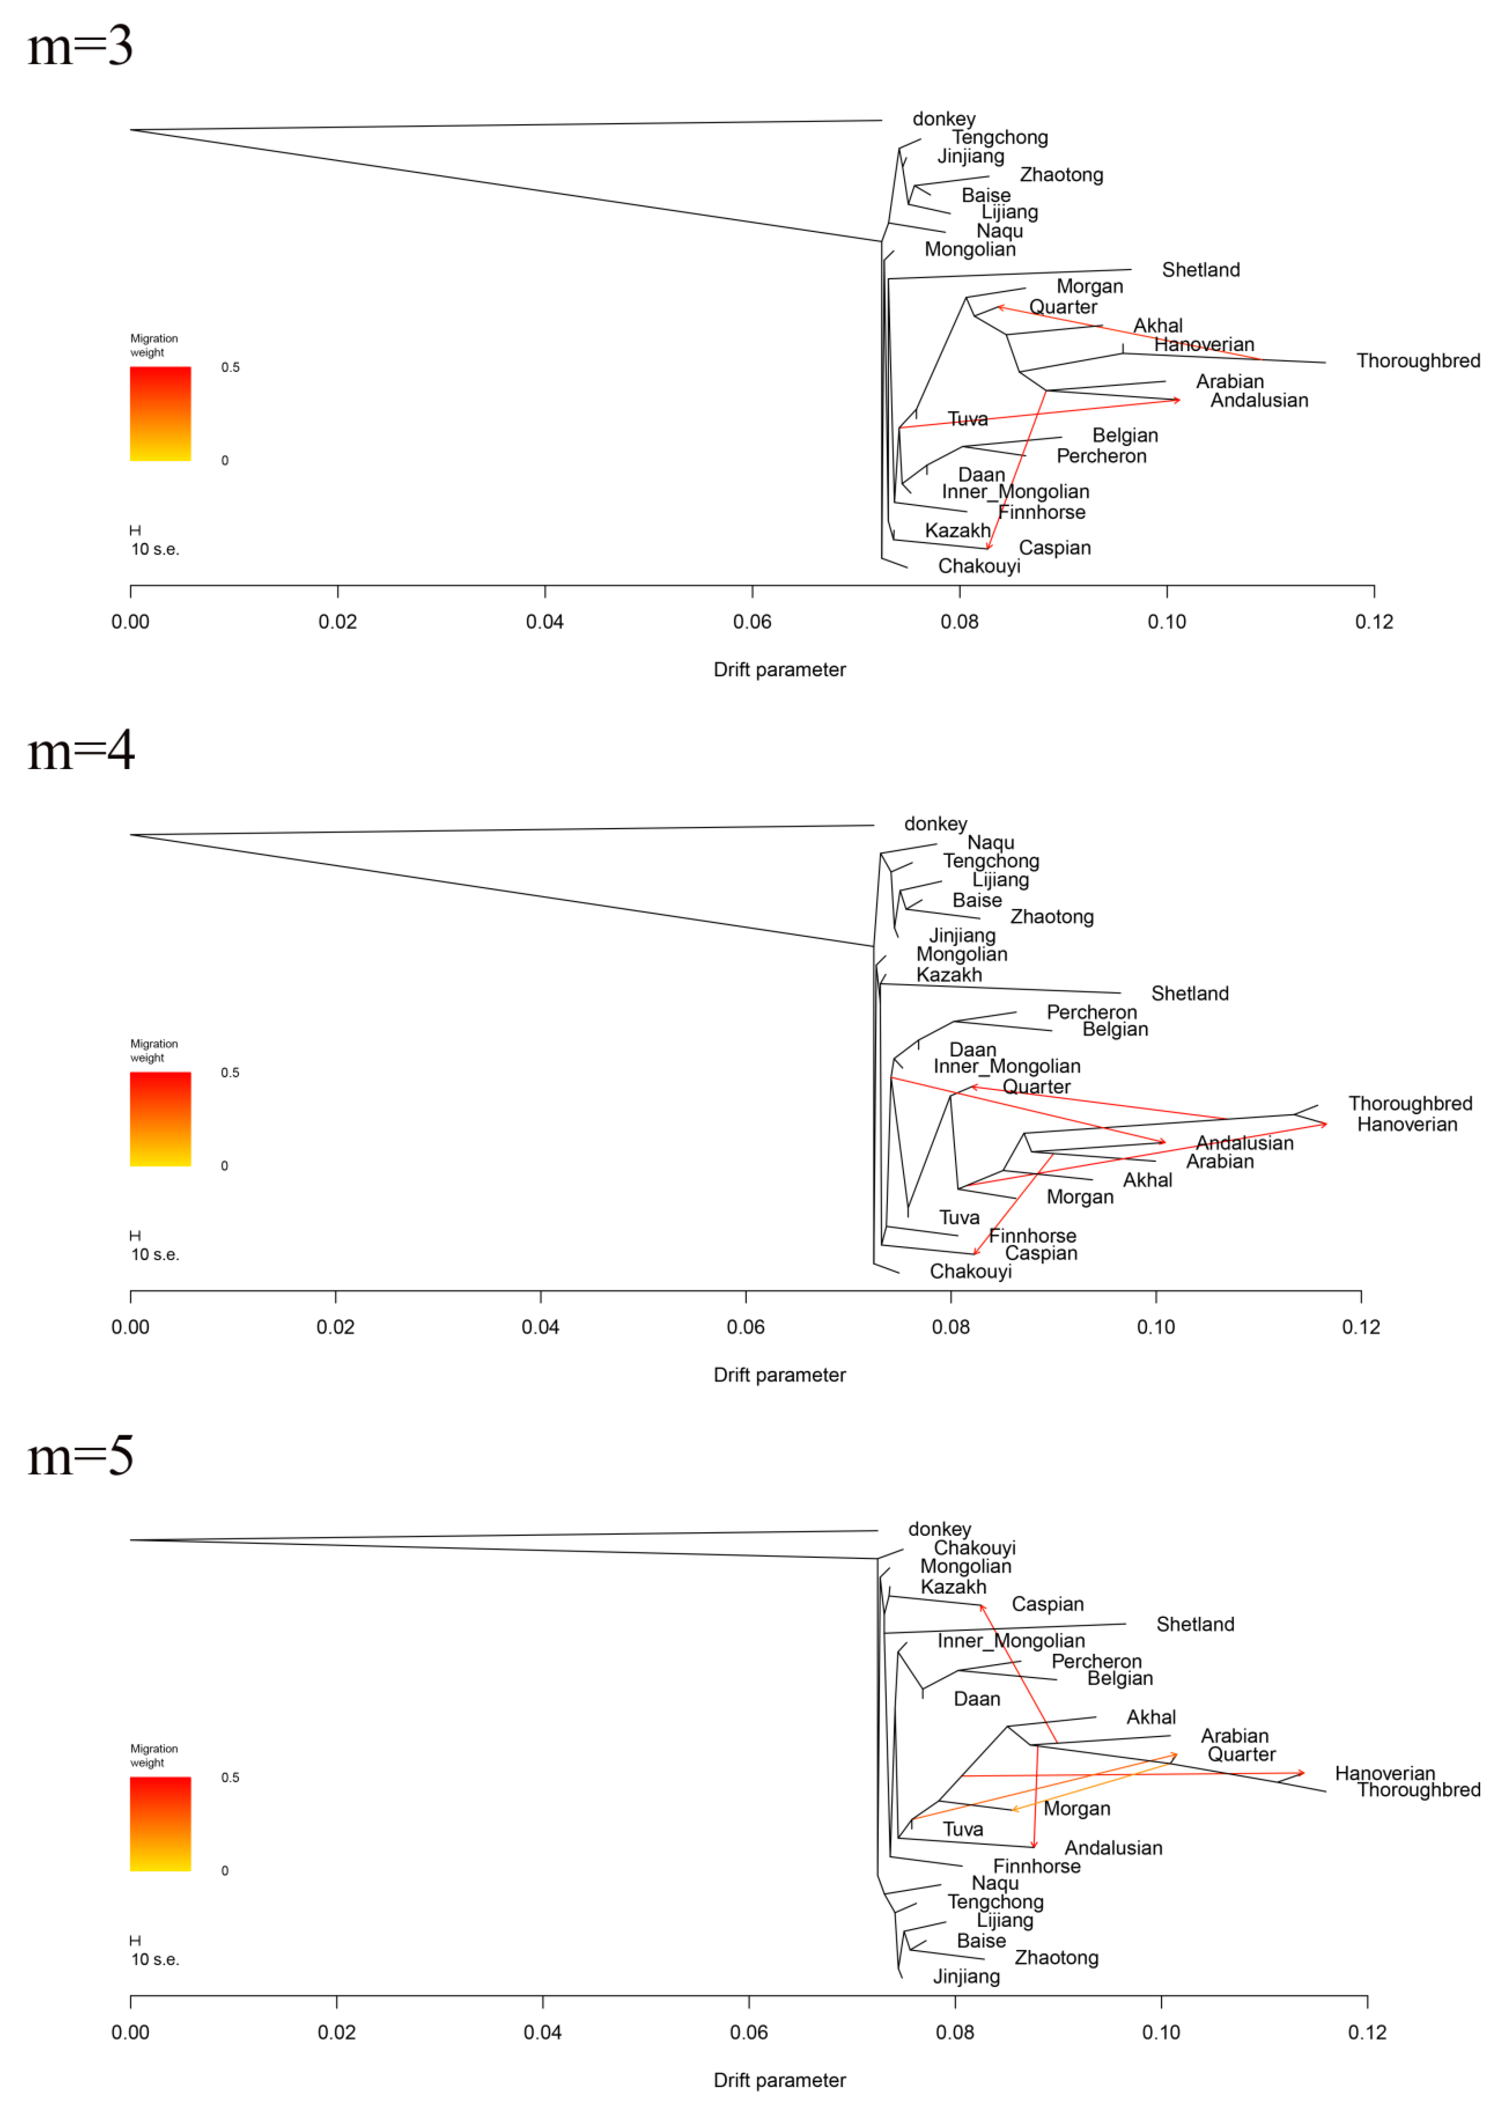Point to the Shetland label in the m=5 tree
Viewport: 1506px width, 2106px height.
(x=1194, y=1624)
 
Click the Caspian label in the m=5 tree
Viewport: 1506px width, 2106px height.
(x=1047, y=1604)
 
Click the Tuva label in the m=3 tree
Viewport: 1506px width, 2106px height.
(x=967, y=419)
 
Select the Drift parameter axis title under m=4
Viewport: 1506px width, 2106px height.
(x=779, y=1374)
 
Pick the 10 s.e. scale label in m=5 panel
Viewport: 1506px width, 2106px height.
(x=155, y=1958)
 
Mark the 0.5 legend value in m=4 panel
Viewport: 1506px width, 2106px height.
(x=230, y=1072)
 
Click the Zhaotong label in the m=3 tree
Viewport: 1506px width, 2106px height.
(x=1061, y=174)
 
